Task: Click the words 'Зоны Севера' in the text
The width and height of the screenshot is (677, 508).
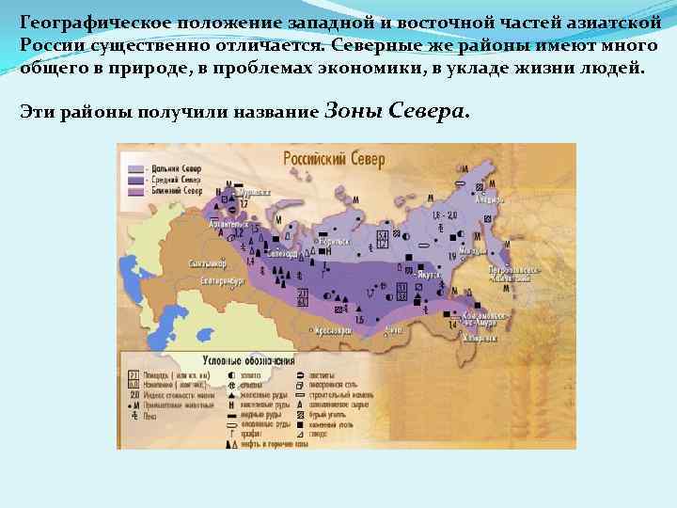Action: [395, 111]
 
